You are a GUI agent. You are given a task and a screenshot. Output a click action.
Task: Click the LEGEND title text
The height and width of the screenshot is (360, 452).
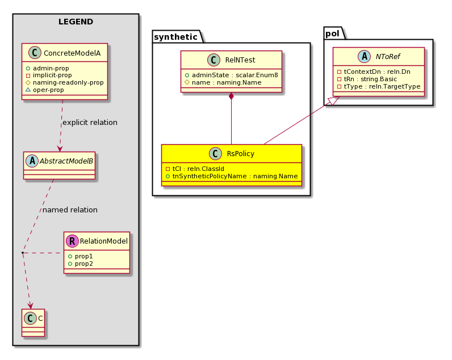[x=76, y=22]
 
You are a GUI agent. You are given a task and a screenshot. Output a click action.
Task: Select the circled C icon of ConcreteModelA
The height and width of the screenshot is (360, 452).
[x=35, y=53]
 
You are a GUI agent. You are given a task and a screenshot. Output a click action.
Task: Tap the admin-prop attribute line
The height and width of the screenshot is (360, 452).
[x=48, y=68]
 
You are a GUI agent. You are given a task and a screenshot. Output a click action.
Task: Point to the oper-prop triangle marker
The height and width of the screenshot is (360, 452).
[x=28, y=90]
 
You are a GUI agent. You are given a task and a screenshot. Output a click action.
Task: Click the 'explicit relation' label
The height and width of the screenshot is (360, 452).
[x=90, y=123]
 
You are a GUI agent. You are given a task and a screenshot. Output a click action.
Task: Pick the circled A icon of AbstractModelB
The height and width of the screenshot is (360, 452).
[x=32, y=161]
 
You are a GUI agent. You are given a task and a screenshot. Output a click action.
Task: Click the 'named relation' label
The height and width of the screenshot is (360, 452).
[x=70, y=210]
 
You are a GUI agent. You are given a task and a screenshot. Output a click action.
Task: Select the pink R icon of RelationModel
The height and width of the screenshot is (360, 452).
[x=72, y=241]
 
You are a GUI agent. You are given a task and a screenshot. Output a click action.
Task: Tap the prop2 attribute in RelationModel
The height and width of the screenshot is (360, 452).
[x=81, y=263]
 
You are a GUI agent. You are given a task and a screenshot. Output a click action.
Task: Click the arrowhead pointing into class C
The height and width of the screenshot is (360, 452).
[x=30, y=306]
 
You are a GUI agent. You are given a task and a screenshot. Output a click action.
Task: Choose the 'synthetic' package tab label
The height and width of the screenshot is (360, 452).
[x=175, y=37]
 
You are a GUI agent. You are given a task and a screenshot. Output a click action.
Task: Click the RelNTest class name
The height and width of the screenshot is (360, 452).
[x=240, y=60]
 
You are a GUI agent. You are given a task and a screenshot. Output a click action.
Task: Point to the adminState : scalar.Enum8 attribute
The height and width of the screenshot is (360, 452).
[x=232, y=75]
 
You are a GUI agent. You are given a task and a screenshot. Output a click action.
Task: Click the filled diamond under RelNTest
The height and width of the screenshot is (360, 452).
[x=231, y=97]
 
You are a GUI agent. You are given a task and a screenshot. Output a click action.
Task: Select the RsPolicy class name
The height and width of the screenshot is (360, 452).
[x=241, y=154]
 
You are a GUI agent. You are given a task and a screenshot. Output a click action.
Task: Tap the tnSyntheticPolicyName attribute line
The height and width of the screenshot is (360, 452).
[x=232, y=176]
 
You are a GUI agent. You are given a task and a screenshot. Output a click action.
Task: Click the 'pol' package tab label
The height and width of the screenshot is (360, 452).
[x=332, y=34]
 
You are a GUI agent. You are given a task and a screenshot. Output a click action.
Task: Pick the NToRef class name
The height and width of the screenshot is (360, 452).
[x=388, y=56]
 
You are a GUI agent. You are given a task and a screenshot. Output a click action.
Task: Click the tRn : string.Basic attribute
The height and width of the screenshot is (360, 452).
[x=367, y=79]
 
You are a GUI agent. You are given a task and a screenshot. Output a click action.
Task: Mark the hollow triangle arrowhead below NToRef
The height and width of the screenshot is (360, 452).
[x=334, y=101]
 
